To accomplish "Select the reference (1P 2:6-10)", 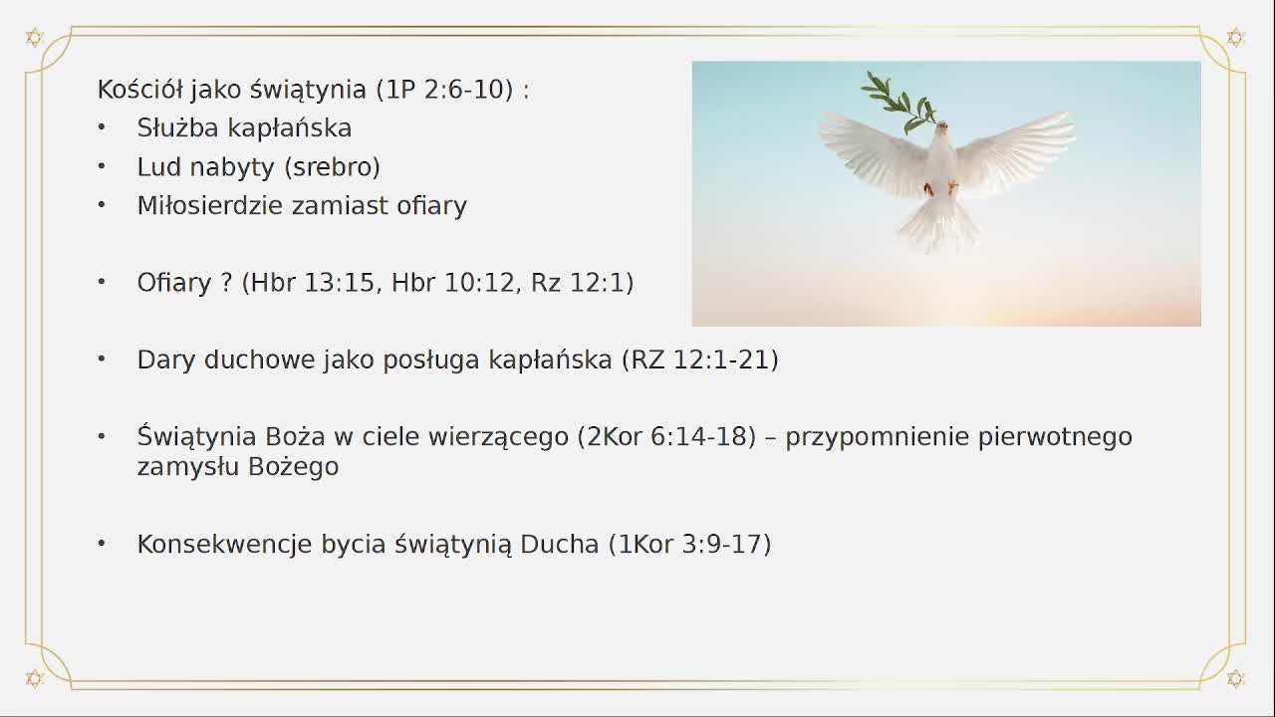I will click(445, 89).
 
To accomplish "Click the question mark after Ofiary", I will click(226, 283).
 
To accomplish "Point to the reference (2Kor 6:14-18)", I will click(666, 436).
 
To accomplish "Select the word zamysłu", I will click(183, 466).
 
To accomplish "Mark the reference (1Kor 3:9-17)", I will click(689, 544).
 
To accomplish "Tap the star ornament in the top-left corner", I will click(34, 38).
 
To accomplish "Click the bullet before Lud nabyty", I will click(102, 165).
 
